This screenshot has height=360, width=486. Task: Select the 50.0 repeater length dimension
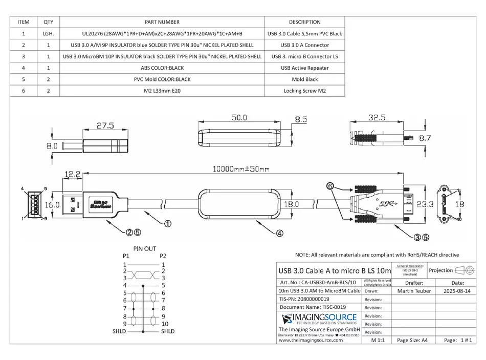tap(238, 117)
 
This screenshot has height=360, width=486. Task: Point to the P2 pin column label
tap(163, 256)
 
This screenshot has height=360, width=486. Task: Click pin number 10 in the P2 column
tap(165, 324)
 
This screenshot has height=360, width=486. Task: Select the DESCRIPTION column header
tap(304, 22)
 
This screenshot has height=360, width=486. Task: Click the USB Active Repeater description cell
tap(304, 68)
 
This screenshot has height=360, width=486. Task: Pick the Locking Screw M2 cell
tap(304, 91)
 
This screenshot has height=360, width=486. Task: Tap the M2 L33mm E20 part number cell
tap(162, 91)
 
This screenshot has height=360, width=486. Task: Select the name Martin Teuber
tap(414, 291)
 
